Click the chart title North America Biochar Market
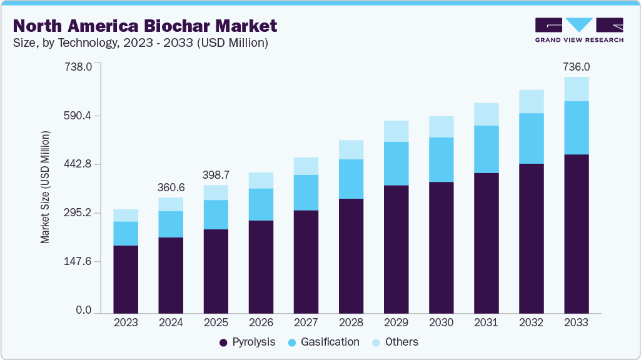[145, 26]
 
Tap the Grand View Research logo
[579, 30]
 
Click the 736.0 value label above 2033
[576, 67]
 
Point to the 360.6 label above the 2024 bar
[171, 187]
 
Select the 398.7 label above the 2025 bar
[216, 174]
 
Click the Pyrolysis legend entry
[249, 342]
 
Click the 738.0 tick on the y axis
[79, 67]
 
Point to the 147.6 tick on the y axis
[79, 262]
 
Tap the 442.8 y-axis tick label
[79, 164]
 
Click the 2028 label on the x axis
[351, 322]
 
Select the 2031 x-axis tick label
[486, 322]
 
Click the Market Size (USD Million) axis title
[45, 187]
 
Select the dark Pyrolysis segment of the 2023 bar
[126, 279]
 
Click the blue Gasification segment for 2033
[576, 127]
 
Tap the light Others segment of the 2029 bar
[396, 131]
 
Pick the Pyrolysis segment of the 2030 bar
[441, 247]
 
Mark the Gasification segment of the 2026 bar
[261, 204]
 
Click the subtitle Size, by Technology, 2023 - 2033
[141, 43]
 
